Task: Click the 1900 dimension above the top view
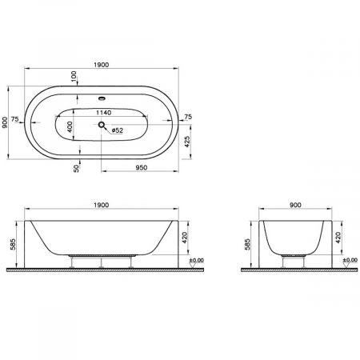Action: pyautogui.click(x=102, y=63)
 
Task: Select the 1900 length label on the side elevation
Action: pyautogui.click(x=102, y=206)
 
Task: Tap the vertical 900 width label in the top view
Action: pyautogui.click(x=6, y=120)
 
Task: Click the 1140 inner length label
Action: pyautogui.click(x=103, y=113)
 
